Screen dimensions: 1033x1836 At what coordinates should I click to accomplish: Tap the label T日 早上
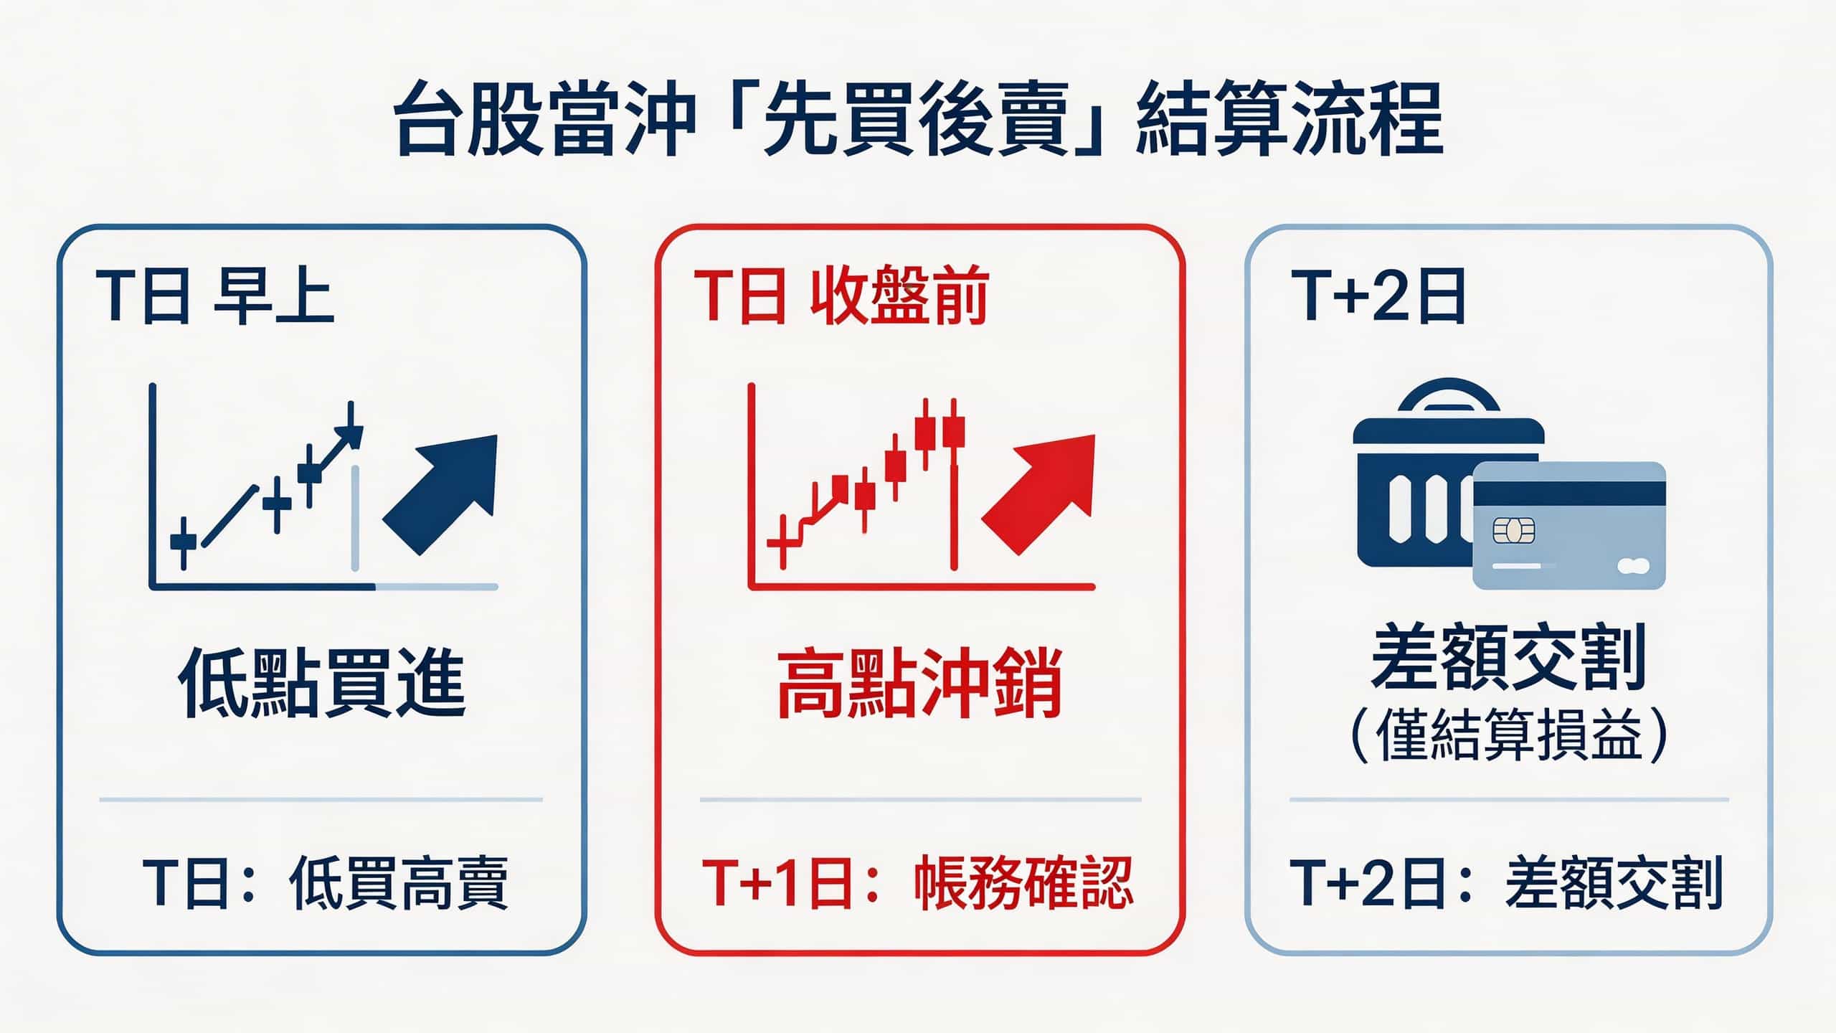coord(214,296)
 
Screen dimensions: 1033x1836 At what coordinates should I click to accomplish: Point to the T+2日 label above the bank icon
coord(1377,296)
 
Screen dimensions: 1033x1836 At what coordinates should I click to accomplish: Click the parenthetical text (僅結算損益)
coord(1508,735)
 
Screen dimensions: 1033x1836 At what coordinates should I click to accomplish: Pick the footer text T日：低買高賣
coord(326,882)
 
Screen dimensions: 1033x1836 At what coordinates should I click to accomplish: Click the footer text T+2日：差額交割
coord(1506,882)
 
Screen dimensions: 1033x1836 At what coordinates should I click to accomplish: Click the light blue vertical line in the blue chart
coord(355,516)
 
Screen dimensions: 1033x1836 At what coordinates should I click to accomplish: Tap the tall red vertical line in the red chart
coord(954,516)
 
